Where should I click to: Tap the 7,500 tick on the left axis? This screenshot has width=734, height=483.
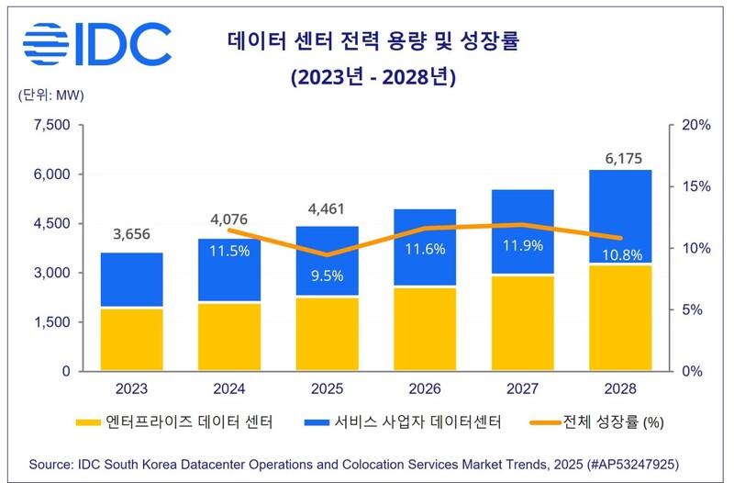52,125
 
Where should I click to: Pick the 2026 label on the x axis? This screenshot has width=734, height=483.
425,389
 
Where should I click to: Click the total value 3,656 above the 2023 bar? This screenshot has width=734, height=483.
131,234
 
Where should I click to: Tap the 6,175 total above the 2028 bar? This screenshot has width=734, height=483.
619,159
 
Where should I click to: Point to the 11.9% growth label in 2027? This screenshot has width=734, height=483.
523,245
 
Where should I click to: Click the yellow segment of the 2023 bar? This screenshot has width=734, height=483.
132,340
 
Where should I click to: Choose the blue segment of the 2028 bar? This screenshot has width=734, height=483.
620,217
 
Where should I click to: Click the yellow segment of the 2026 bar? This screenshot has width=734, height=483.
425,330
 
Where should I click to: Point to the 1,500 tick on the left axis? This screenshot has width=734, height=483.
52,322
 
